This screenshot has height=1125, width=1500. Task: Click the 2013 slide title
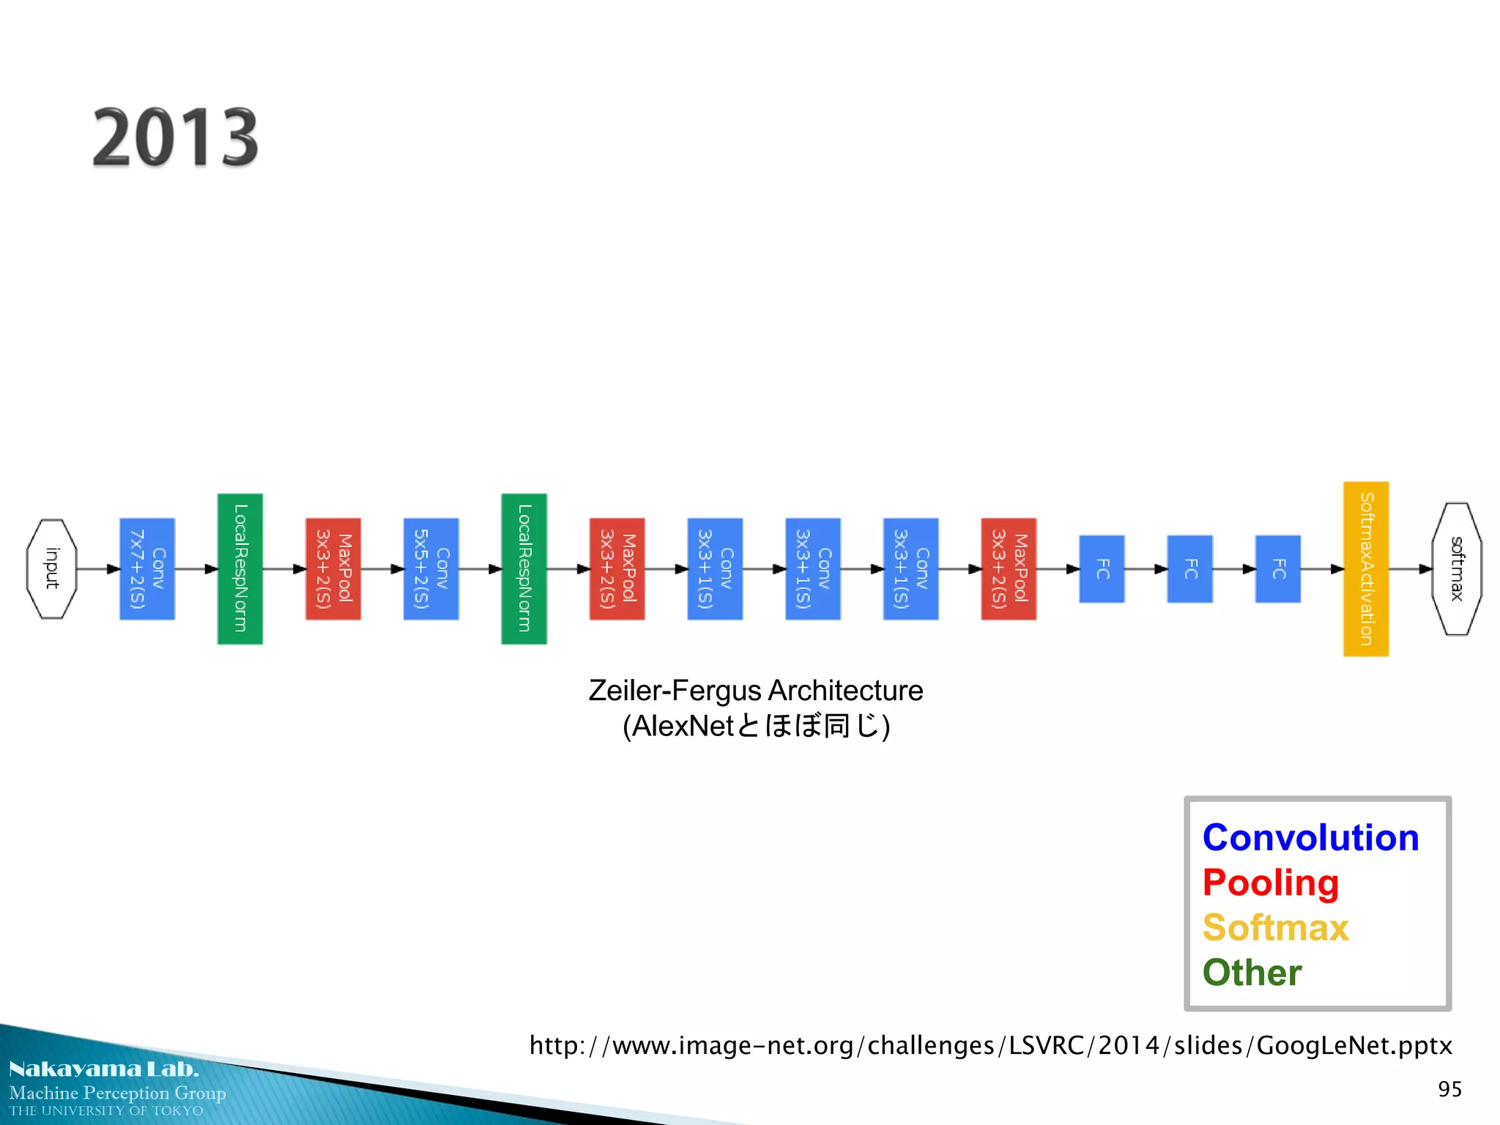(176, 137)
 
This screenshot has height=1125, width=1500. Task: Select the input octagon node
(51, 568)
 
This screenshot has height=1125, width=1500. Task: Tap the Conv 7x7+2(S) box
(147, 568)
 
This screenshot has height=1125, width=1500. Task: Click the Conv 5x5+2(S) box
(431, 568)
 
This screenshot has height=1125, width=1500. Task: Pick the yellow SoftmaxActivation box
(1365, 568)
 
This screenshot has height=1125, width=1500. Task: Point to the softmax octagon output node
(1456, 568)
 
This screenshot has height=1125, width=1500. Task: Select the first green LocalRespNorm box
(240, 568)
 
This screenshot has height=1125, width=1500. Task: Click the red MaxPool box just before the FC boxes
(1009, 568)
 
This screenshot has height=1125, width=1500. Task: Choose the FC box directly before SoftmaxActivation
(1277, 568)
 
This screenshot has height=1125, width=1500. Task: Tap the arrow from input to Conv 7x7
(98, 568)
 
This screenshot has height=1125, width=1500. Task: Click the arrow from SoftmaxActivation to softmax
(1410, 568)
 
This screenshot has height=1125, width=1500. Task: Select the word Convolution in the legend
(1310, 837)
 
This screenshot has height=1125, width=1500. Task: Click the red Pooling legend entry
(1270, 883)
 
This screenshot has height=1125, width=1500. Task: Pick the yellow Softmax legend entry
(1275, 927)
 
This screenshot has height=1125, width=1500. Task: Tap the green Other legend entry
(1252, 973)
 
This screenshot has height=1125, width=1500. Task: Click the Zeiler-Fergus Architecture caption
(755, 691)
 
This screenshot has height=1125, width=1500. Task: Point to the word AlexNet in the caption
(683, 726)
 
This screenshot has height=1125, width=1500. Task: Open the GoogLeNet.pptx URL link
(990, 1045)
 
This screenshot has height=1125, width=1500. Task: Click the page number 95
(1449, 1089)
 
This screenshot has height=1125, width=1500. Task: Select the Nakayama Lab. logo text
(104, 1069)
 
